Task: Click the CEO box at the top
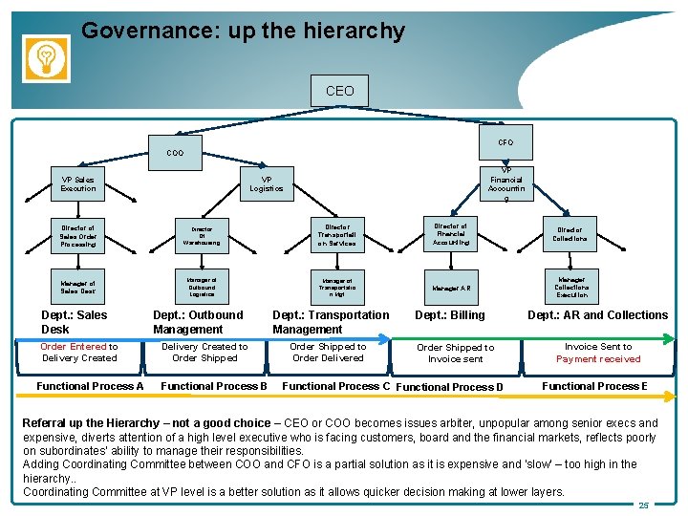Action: click(339, 91)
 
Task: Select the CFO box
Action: click(505, 142)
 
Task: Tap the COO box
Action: click(175, 152)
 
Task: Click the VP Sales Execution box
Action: click(78, 184)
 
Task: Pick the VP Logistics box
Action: click(267, 183)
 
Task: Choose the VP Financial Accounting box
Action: click(506, 182)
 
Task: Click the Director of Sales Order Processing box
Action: click(78, 237)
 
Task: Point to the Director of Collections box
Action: click(570, 234)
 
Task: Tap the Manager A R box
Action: click(451, 287)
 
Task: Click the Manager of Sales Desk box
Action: click(78, 287)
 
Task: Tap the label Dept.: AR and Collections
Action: click(598, 315)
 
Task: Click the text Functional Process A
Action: click(90, 386)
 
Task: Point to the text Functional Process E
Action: click(594, 386)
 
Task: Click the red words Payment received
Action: click(598, 359)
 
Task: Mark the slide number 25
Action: click(644, 505)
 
